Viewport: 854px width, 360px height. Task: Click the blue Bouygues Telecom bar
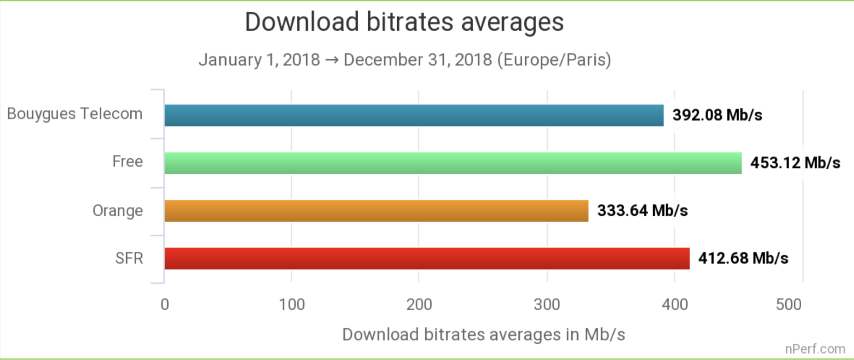[414, 115]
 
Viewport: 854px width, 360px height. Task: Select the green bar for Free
[453, 163]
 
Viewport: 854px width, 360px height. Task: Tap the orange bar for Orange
[376, 211]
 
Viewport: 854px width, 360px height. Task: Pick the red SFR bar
[427, 258]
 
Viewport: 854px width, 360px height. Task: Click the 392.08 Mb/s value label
[717, 115]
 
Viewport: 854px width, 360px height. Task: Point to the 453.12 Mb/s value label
[795, 163]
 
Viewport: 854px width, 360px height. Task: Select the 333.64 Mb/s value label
[642, 210]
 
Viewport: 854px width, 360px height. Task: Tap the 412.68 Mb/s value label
[743, 258]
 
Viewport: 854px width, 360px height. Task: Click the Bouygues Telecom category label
[75, 114]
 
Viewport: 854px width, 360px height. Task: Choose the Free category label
[128, 161]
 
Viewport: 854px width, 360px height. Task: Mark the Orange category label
[118, 211]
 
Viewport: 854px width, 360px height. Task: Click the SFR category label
[129, 258]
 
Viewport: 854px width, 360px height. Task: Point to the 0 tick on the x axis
[165, 304]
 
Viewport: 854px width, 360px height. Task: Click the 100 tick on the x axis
[292, 304]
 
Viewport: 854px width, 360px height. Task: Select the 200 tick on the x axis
[419, 304]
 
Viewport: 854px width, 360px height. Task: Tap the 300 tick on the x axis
[547, 304]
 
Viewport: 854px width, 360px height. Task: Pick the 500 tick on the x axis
[788, 304]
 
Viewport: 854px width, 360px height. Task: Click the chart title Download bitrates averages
[404, 22]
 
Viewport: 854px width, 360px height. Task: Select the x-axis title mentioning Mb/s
[484, 335]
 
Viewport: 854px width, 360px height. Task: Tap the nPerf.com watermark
[815, 349]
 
